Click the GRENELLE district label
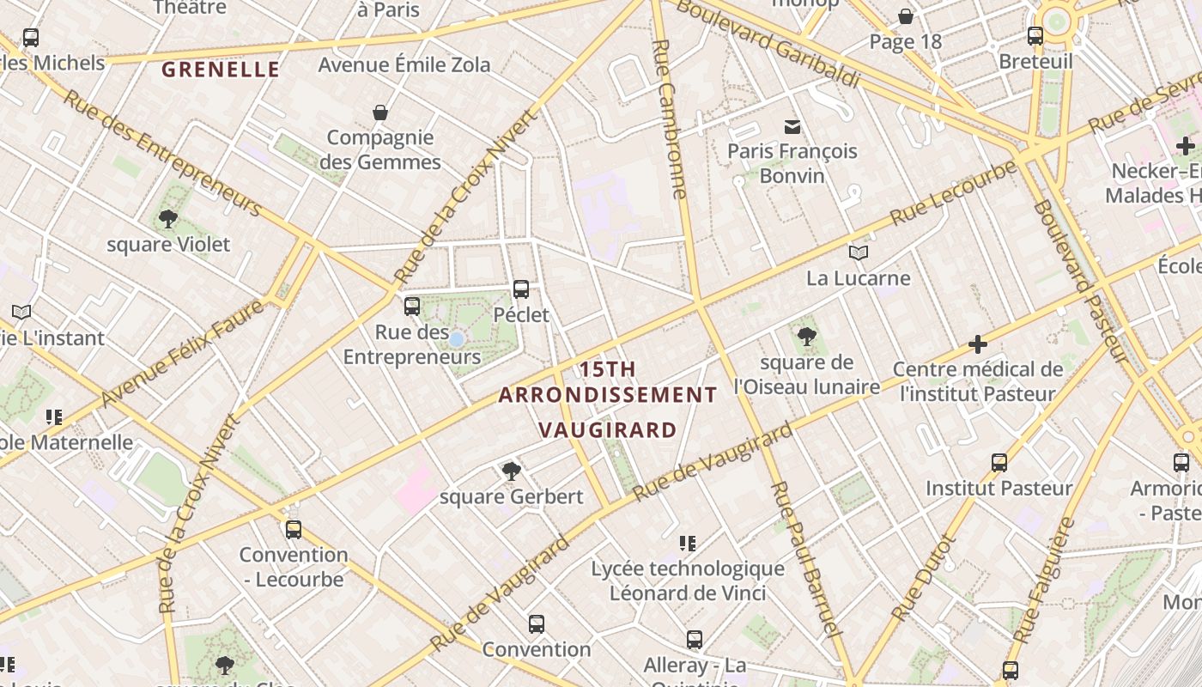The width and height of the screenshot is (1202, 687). click(x=221, y=70)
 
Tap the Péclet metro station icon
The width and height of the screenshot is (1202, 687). click(x=521, y=289)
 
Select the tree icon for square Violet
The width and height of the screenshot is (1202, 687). click(x=168, y=219)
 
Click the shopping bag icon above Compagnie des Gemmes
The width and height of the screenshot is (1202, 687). click(x=380, y=112)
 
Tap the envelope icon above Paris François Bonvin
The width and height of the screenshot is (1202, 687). click(x=792, y=127)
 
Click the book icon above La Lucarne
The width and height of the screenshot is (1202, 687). click(x=859, y=252)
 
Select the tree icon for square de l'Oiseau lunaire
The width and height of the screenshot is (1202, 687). click(x=806, y=336)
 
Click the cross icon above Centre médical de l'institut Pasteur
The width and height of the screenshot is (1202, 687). click(x=978, y=344)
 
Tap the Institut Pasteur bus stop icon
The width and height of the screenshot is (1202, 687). click(x=999, y=463)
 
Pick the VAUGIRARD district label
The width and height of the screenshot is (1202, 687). click(x=608, y=429)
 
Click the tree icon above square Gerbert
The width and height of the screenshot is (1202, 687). click(x=512, y=471)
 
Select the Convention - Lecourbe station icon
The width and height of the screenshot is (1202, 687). click(x=294, y=529)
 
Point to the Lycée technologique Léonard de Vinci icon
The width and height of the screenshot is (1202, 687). click(x=688, y=543)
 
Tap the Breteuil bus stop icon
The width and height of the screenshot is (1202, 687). click(x=1035, y=36)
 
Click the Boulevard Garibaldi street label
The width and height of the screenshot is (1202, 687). click(x=768, y=43)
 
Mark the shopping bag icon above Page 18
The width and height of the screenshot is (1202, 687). click(x=906, y=16)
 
